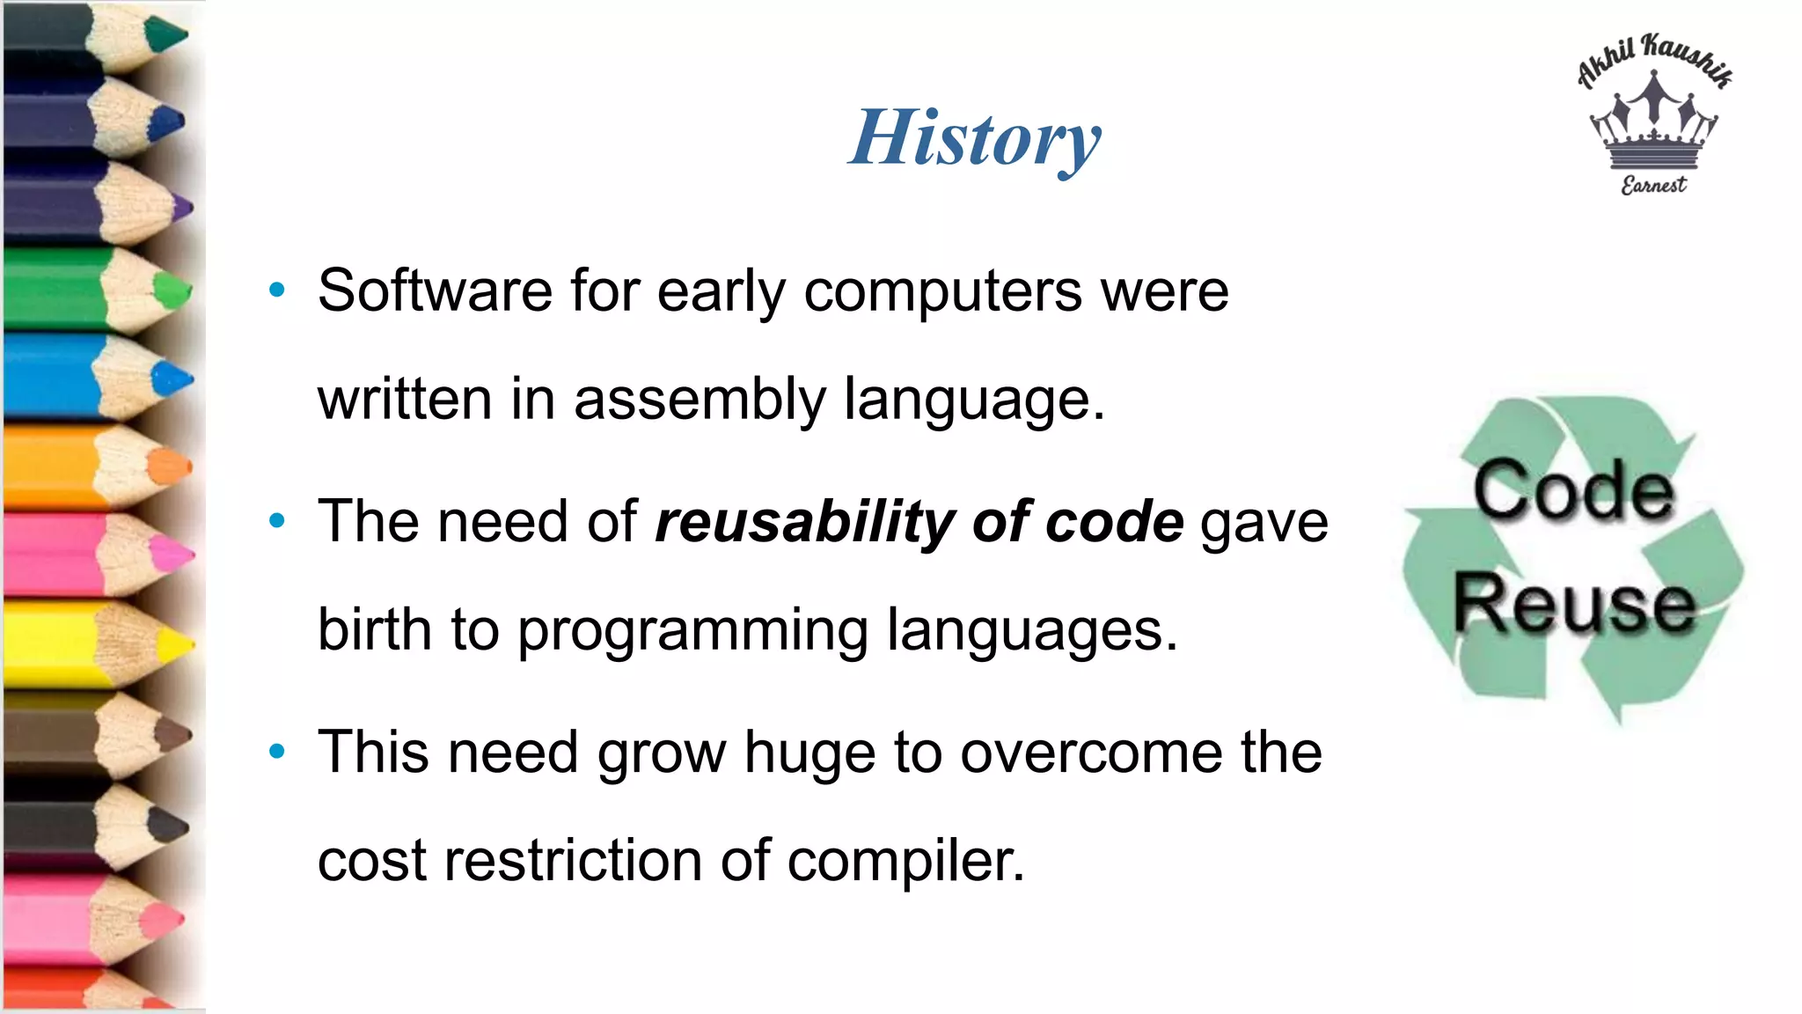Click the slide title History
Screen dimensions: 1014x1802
(975, 138)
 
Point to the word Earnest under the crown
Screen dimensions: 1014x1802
(1653, 185)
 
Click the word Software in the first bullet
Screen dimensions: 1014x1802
(435, 290)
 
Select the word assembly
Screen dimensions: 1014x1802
(700, 399)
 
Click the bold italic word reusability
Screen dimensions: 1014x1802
(804, 521)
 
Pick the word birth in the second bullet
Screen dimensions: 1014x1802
(375, 629)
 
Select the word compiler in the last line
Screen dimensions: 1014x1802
(905, 861)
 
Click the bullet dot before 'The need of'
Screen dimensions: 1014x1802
(277, 521)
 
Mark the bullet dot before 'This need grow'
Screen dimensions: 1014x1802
(277, 752)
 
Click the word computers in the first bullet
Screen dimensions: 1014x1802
(942, 290)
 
